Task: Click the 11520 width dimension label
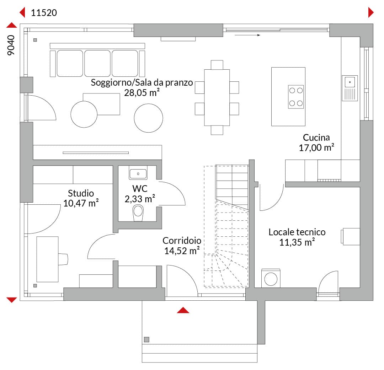pos(44,13)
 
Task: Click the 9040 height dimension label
pos(11,45)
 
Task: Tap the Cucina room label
pos(316,137)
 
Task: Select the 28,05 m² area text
pos(142,93)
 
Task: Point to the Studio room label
pos(81,193)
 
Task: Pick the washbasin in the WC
pos(138,174)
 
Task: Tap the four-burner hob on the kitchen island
pos(296,97)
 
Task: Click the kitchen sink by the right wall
pos(350,88)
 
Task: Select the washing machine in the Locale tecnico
pos(271,278)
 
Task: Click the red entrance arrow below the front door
pos(183,310)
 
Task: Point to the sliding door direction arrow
pos(247,35)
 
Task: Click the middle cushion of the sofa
pos(97,63)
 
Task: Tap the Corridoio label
pos(182,241)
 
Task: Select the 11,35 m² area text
pos(297,242)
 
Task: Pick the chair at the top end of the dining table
pos(217,65)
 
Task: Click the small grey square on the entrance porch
pos(147,339)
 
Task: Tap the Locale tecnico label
pos(297,232)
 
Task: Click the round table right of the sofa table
pos(148,118)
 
